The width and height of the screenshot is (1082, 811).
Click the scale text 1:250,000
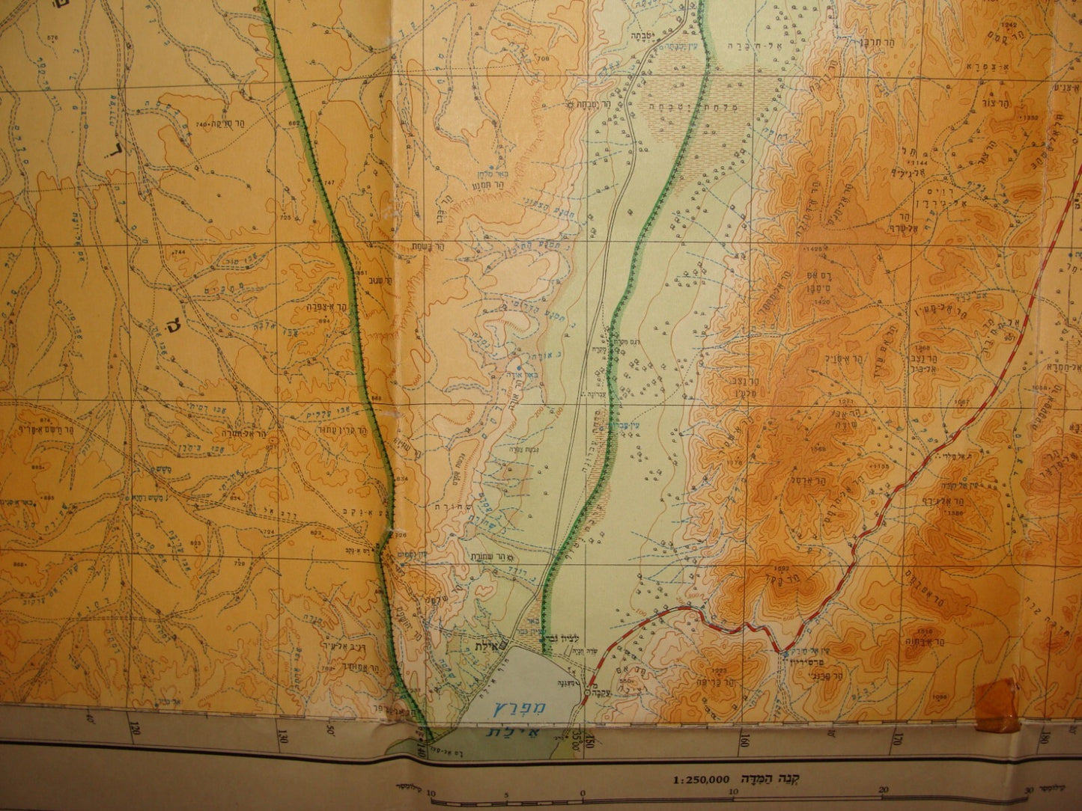pyautogui.click(x=700, y=778)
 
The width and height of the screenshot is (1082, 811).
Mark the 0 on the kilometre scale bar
pyautogui.click(x=583, y=795)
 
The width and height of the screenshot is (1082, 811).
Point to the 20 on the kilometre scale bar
pyautogui.click(x=884, y=790)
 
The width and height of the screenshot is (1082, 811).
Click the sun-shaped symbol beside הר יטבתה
pyautogui.click(x=569, y=104)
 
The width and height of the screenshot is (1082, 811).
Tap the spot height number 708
pyautogui.click(x=542, y=58)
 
